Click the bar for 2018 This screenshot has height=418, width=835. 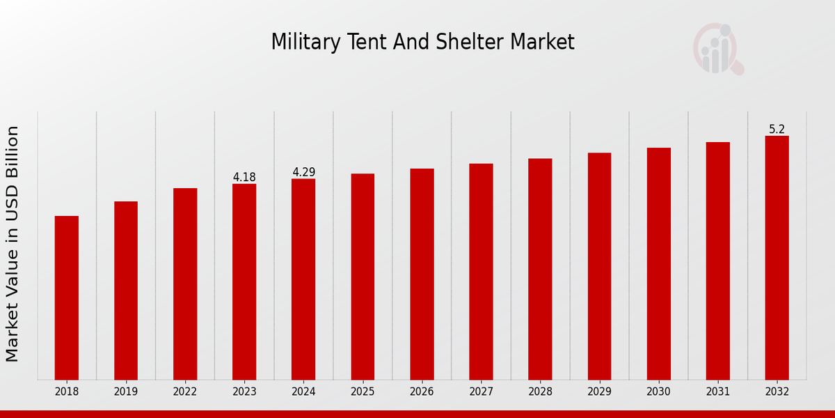pyautogui.click(x=67, y=297)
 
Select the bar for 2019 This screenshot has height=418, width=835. pyautogui.click(x=126, y=291)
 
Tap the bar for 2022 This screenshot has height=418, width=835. pyautogui.click(x=185, y=284)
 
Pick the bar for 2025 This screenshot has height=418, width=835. pyautogui.click(x=363, y=277)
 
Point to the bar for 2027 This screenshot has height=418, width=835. pyautogui.click(x=481, y=272)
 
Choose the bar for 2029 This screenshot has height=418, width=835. pyautogui.click(x=599, y=266)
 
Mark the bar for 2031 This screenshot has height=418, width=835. pyautogui.click(x=717, y=261)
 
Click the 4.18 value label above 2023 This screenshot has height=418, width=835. pyautogui.click(x=244, y=177)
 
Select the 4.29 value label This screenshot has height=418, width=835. pyautogui.click(x=303, y=172)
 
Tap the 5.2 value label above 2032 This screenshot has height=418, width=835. pyautogui.click(x=777, y=129)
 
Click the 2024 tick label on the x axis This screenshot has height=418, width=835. pyautogui.click(x=303, y=392)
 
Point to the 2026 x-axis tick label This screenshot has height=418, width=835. pyautogui.click(x=422, y=392)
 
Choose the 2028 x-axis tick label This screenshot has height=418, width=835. pyautogui.click(x=540, y=392)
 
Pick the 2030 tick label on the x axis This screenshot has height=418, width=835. pyautogui.click(x=658, y=392)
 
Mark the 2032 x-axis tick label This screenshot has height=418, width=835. pyautogui.click(x=777, y=392)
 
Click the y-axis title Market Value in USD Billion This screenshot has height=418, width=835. pyautogui.click(x=13, y=244)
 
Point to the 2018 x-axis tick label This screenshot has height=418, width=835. pyautogui.click(x=67, y=392)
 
